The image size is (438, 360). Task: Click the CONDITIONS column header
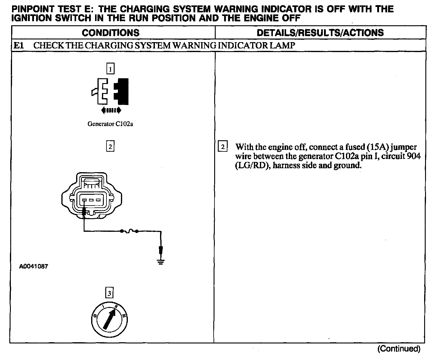coord(110,33)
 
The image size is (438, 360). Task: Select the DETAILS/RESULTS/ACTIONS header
coord(320,33)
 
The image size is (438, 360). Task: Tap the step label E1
coord(19,46)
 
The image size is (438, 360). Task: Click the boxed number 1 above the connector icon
coord(110,70)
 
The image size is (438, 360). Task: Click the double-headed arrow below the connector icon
coord(111,110)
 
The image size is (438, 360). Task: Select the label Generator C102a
coord(110,124)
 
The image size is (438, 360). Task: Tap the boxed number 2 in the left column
coord(110,147)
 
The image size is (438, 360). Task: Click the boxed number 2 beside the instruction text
coord(223,147)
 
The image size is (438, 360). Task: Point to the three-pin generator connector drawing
coord(92,196)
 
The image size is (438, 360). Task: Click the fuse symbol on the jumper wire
coord(129,231)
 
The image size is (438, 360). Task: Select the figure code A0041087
coord(33,266)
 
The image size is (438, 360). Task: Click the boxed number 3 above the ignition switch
coord(109,293)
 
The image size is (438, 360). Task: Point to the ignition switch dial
coord(110,320)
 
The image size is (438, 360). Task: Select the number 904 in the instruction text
coord(414,156)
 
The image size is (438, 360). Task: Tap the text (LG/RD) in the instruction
coord(251,166)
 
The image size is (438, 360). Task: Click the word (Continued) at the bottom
coord(399,349)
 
